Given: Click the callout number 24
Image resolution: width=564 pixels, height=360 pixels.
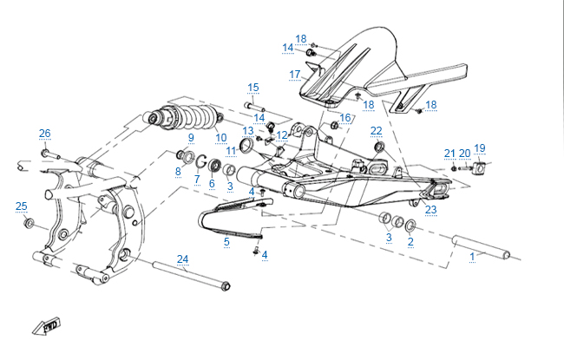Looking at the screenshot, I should (x=182, y=259).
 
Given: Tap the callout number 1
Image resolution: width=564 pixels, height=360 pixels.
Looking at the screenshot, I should (x=473, y=257).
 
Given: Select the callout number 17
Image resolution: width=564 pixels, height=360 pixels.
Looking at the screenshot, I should (x=295, y=74).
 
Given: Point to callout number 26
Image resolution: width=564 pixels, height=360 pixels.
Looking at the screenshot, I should (x=44, y=133).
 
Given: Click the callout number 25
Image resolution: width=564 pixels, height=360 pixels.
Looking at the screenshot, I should (x=22, y=206).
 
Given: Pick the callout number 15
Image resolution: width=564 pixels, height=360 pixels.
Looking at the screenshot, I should (x=253, y=88).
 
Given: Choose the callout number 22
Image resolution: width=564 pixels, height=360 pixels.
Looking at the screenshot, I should (x=376, y=131).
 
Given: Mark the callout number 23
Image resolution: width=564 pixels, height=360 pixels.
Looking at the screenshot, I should (x=431, y=209).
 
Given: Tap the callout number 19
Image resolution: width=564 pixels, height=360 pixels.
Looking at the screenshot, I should (x=480, y=148).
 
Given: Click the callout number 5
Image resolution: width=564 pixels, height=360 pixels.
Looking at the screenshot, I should (x=226, y=240).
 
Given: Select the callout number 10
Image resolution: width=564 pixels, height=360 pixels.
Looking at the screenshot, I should (x=221, y=138).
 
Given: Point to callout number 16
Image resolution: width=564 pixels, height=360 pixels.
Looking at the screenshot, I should (x=344, y=118).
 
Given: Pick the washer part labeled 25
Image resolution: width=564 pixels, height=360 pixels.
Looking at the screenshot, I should (x=30, y=225).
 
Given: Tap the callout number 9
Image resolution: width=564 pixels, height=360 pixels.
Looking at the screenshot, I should (x=191, y=138).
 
